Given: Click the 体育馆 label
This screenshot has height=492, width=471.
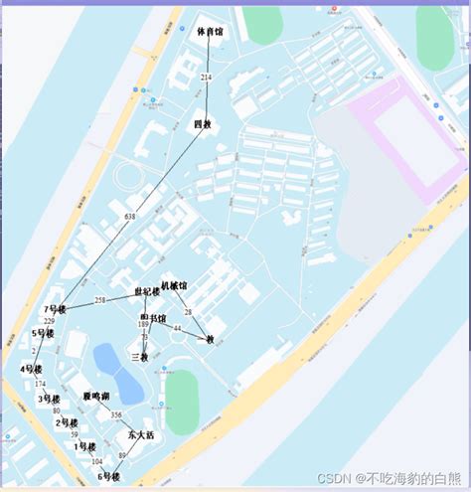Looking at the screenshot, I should coord(210,33).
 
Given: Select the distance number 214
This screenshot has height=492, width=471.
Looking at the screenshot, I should coord(207,77).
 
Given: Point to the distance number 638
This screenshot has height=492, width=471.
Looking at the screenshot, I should coord(130,216).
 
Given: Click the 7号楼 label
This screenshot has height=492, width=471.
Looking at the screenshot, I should coord(55,310).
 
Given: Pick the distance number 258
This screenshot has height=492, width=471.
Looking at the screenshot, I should coord(100,300).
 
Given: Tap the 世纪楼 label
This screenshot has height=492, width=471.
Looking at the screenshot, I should coord(147,292).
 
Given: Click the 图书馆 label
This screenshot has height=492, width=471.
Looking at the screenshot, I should coord(153,318).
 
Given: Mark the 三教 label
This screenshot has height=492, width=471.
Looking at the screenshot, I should coord(139,357).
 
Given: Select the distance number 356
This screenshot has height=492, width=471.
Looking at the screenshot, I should coord(117,415).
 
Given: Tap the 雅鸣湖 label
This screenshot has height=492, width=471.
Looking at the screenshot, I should coord(96,396).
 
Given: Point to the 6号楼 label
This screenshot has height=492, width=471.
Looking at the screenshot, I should coord(108,477).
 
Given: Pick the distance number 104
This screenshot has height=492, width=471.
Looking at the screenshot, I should coord(96,462).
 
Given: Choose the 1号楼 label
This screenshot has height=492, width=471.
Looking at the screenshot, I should coord(86,446).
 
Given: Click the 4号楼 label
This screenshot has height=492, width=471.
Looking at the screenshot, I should coord(31,370).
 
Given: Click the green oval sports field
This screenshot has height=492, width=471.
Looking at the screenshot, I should coord(182,402).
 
